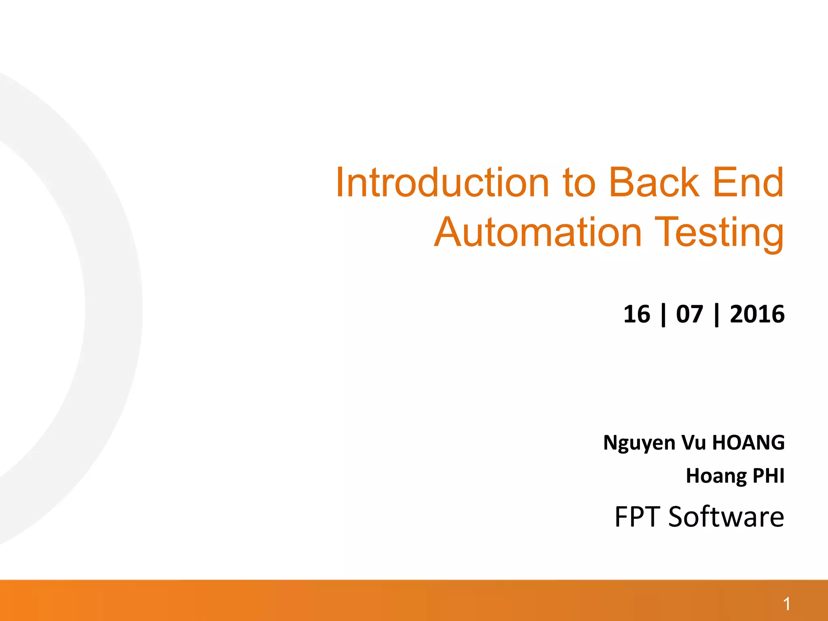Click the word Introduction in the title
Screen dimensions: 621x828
pyautogui.click(x=442, y=183)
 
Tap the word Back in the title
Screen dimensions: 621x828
pyautogui.click(x=654, y=183)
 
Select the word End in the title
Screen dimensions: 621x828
pyautogui.click(x=748, y=183)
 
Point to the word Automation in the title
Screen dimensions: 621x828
pyautogui.click(x=538, y=232)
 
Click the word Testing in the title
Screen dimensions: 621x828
pyautogui.click(x=719, y=233)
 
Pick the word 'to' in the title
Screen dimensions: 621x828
pyautogui.click(x=579, y=184)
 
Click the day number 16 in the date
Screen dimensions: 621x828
pyautogui.click(x=637, y=314)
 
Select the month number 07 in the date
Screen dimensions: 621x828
pyautogui.click(x=690, y=314)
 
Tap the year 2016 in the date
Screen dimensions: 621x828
pyautogui.click(x=757, y=314)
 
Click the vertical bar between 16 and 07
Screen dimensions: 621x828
pyautogui.click(x=663, y=315)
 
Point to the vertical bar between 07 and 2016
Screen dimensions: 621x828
pyautogui.click(x=717, y=315)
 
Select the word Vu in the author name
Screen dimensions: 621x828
pyautogui.click(x=693, y=442)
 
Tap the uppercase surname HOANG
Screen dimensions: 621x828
pyautogui.click(x=748, y=442)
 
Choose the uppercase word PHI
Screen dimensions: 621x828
pyautogui.click(x=769, y=475)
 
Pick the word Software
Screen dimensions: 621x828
pyautogui.click(x=726, y=517)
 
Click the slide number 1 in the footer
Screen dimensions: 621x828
pyautogui.click(x=786, y=604)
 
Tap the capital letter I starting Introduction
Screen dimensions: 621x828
pyautogui.click(x=340, y=183)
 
